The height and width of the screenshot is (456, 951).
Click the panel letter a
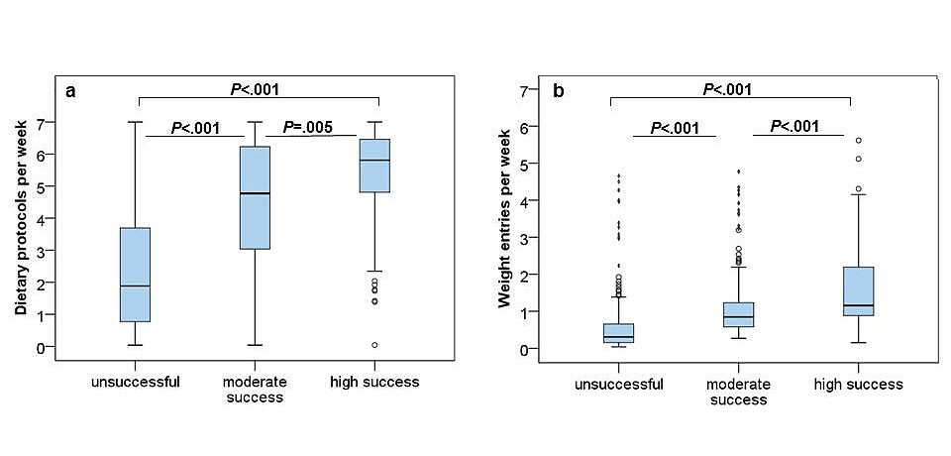click(71, 92)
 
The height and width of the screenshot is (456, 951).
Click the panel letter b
click(559, 92)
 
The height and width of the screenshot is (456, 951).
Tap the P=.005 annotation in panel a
click(308, 127)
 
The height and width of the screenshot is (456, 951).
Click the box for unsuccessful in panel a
click(135, 275)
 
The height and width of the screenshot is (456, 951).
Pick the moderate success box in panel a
click(256, 197)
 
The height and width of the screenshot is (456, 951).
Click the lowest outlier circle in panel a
click(374, 345)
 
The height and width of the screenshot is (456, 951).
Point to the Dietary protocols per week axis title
click(21, 214)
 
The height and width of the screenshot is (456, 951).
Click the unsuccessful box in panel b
click(618, 332)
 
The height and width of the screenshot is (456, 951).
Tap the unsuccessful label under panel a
click(134, 382)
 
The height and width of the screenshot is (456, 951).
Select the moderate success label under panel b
click(738, 393)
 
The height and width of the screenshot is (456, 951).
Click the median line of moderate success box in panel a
click(256, 193)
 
